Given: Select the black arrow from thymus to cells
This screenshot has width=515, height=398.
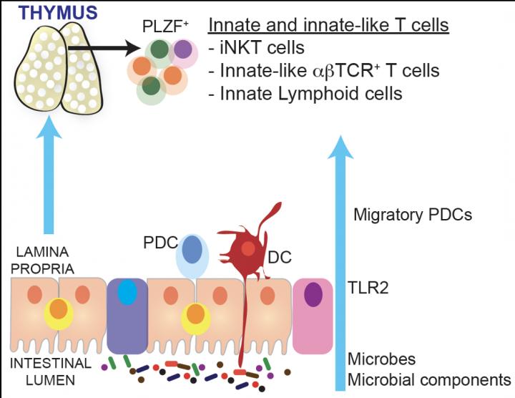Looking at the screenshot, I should click(100, 49).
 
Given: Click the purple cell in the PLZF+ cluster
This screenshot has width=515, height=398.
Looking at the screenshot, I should click(183, 49).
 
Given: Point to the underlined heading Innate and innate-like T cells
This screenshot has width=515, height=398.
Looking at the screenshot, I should click(328, 26).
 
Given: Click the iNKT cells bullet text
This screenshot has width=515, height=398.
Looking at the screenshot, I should click(262, 48).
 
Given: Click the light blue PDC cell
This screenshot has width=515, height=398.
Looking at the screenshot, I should click(191, 254).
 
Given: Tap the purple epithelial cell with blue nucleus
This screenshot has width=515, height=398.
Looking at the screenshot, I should click(126, 314).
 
